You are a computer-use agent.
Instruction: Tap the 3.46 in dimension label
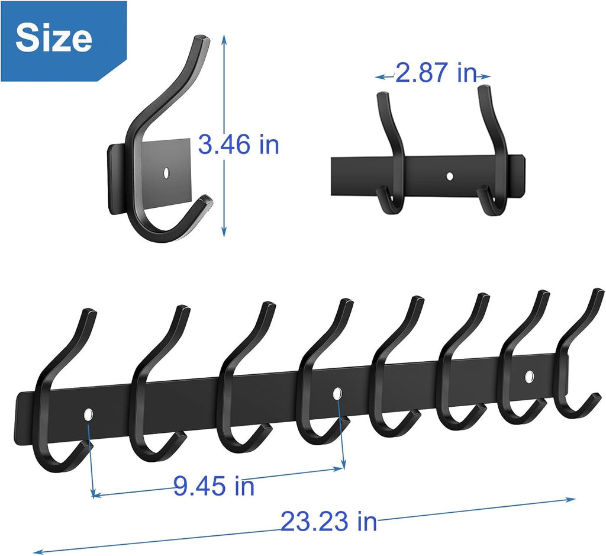(x=238, y=145)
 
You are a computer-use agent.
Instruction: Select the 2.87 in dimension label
(x=436, y=73)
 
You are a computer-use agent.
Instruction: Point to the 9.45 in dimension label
(x=214, y=486)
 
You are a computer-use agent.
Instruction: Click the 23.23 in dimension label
(x=328, y=522)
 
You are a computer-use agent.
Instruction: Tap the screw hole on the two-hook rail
(x=450, y=176)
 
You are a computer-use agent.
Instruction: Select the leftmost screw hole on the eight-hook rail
(x=89, y=414)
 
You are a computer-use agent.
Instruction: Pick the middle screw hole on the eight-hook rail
(x=337, y=393)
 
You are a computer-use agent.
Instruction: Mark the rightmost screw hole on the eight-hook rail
(x=528, y=375)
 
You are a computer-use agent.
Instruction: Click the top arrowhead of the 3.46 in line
(x=224, y=37)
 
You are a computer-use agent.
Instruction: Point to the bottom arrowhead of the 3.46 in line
(x=224, y=234)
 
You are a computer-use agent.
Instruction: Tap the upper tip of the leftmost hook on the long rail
(x=89, y=312)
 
